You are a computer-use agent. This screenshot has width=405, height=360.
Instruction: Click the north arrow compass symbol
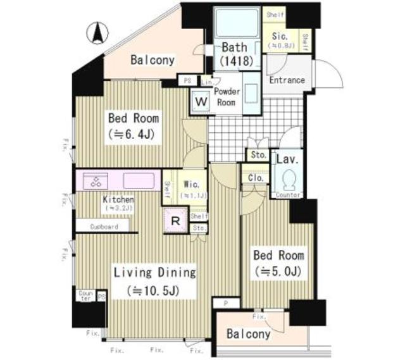point(97,32)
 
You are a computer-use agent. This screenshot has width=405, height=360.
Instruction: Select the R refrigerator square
point(175,221)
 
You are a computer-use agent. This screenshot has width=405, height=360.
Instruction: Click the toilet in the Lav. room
point(288,179)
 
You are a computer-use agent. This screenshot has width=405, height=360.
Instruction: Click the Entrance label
point(287,80)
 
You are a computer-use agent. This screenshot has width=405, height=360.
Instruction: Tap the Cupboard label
point(103,226)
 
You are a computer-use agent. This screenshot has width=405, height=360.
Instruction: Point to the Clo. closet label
point(256,178)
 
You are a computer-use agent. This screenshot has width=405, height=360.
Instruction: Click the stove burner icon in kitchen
point(97,180)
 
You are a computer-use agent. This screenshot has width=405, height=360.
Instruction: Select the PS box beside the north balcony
point(187,81)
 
